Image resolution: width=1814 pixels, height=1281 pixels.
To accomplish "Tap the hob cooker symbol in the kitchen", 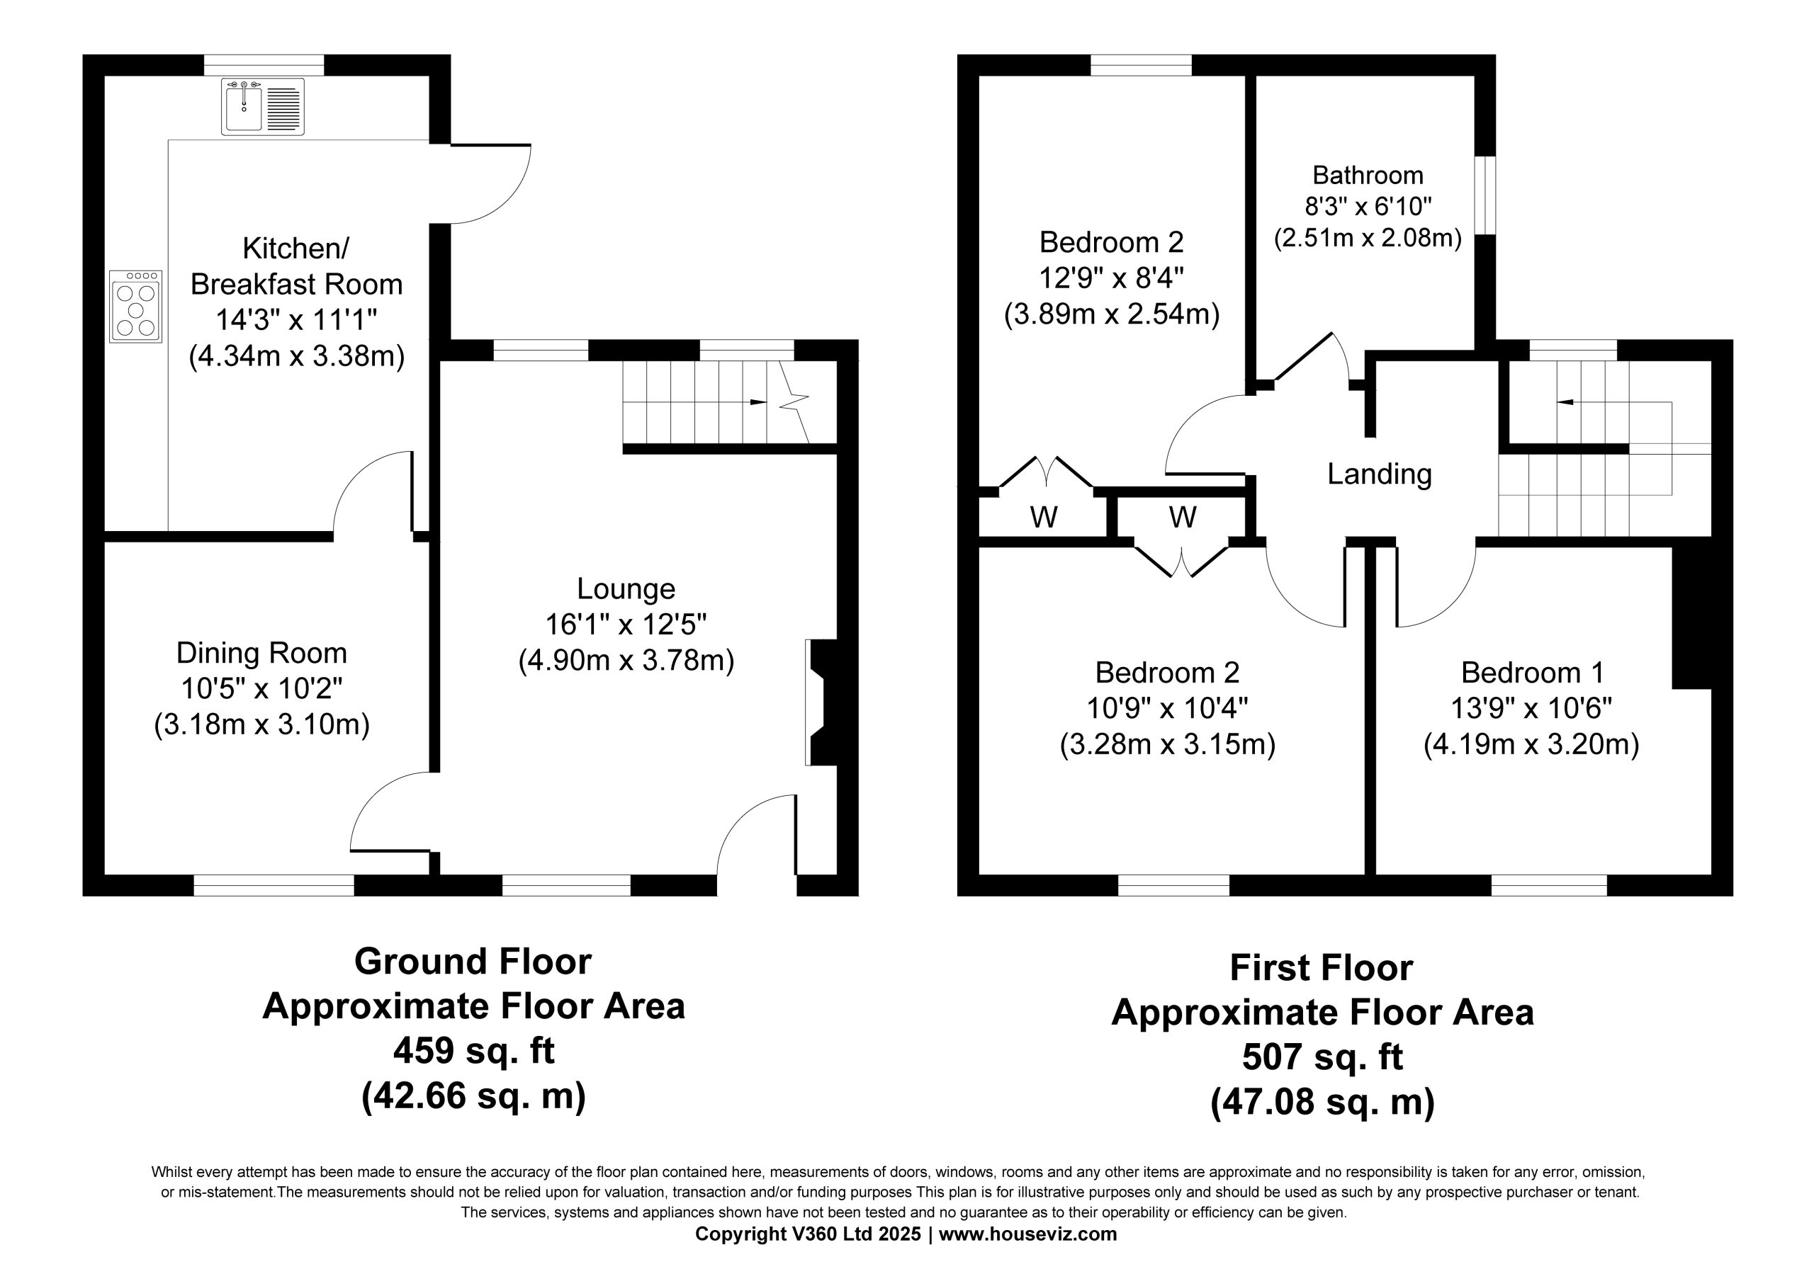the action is coord(136,307).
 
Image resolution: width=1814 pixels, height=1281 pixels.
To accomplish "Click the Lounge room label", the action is coord(626,588).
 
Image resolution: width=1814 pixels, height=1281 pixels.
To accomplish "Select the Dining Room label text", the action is coord(261,653).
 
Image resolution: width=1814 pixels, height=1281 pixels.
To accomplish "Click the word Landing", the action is coord(1380,474).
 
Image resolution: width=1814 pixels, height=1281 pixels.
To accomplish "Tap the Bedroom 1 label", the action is coord(1532,672).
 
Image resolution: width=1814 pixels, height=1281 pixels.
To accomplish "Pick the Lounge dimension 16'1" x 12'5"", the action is coord(626,625).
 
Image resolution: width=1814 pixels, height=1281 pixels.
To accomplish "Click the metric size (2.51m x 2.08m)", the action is coord(1368,238).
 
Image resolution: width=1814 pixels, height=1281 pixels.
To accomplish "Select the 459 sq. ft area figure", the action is coord(474,1050).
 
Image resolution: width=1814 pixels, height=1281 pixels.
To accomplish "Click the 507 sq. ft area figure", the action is coord(1322,1057).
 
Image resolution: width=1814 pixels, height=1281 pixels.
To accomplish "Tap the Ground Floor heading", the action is coord(473,961).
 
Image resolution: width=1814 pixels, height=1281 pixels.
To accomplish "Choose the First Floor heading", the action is coord(1321,967).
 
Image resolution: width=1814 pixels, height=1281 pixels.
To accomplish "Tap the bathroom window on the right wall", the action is coord(1485,195).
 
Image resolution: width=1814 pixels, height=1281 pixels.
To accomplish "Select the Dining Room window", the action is coord(274,885).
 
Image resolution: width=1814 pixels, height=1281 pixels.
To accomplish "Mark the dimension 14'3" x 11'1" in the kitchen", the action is coord(296,320).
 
